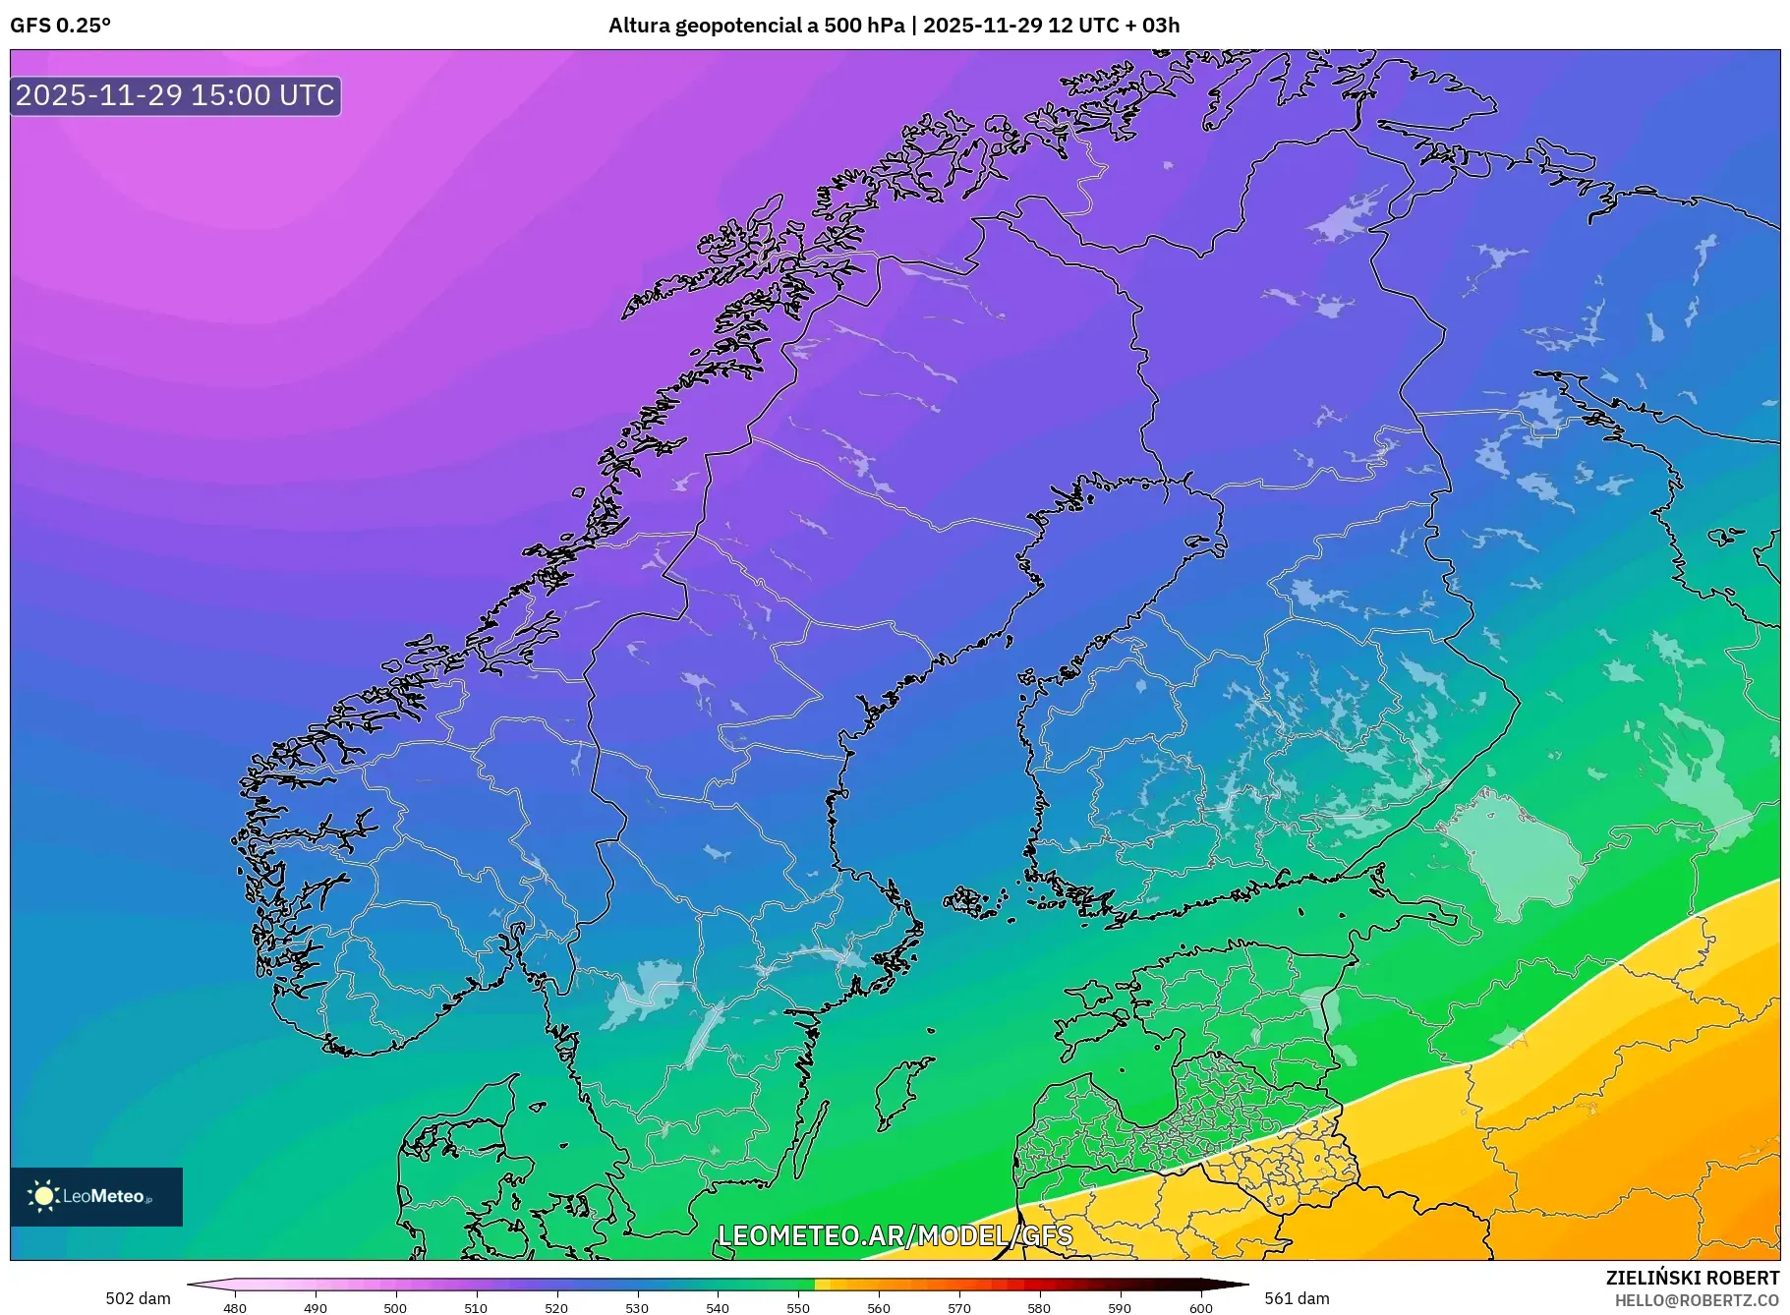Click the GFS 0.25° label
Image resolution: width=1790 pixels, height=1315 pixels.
tap(60, 26)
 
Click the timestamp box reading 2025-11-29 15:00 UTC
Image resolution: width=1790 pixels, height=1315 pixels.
tap(176, 95)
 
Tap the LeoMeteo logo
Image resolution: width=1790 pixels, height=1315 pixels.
tap(96, 1196)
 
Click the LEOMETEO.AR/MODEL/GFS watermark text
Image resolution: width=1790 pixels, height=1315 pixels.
tap(895, 1235)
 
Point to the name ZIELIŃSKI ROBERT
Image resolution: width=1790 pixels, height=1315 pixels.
tap(1692, 1278)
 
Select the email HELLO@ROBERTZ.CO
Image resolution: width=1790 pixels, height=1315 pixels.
tap(1697, 1300)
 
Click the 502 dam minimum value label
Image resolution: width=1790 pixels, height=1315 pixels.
tap(138, 1298)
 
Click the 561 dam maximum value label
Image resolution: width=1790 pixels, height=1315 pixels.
tap(1297, 1298)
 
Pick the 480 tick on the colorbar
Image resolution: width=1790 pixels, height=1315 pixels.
tap(234, 1308)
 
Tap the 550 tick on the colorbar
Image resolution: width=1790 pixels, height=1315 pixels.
tap(798, 1308)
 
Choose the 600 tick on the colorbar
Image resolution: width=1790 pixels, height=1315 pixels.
tap(1200, 1308)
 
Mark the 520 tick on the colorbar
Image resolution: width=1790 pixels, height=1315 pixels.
tap(556, 1308)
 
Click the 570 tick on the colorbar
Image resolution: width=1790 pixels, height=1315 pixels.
tap(959, 1308)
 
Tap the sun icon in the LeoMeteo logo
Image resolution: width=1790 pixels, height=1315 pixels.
tap(43, 1196)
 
